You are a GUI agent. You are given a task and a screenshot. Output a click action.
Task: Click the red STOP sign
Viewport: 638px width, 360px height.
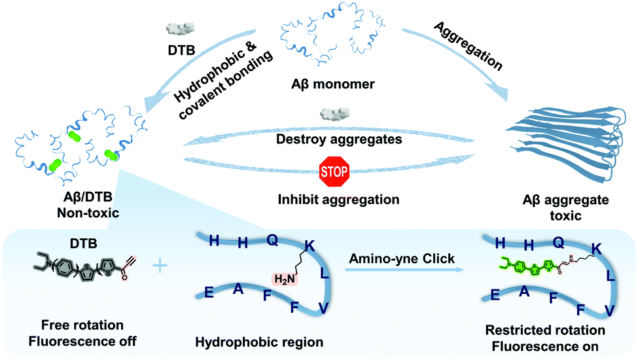[x=334, y=171]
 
